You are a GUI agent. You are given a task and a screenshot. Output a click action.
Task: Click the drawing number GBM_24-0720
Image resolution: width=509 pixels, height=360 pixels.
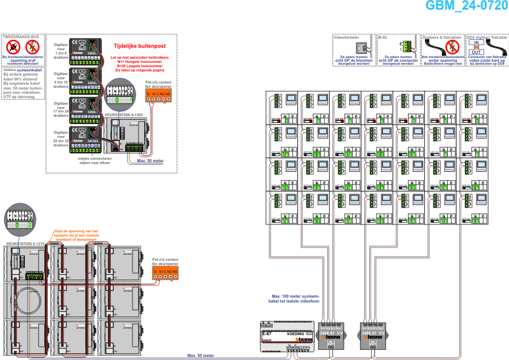466,6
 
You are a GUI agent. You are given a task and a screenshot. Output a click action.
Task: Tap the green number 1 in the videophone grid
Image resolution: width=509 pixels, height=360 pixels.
476,121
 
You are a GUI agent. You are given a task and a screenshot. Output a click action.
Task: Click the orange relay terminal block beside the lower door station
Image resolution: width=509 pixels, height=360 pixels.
165,273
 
